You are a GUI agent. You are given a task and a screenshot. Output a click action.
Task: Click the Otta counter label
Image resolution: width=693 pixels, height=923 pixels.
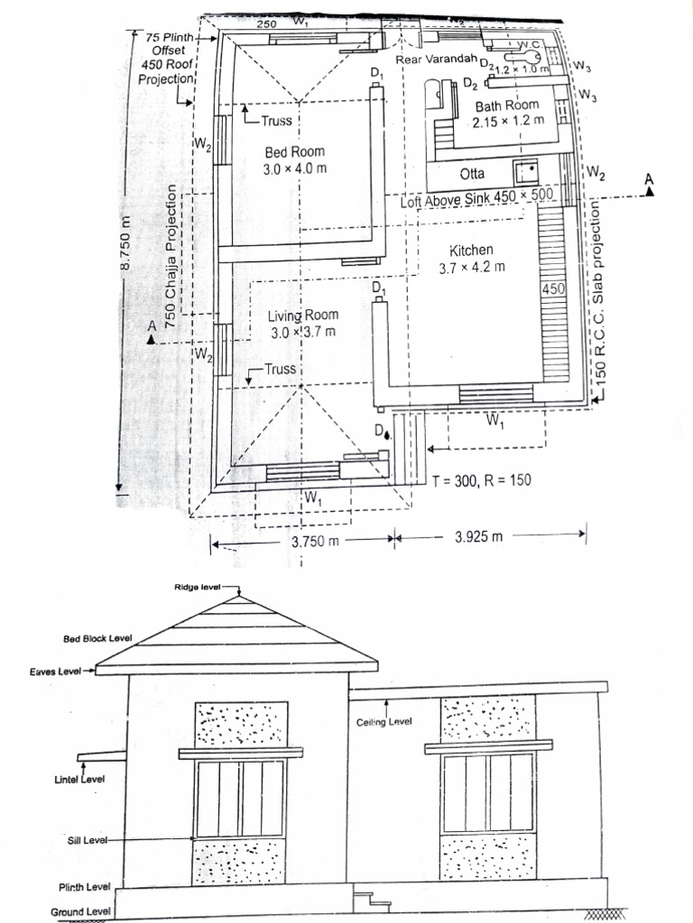pyautogui.click(x=472, y=173)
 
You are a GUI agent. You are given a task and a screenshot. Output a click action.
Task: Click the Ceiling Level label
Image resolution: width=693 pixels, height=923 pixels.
pyautogui.click(x=384, y=722)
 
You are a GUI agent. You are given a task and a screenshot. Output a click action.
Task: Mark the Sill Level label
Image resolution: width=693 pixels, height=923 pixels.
pyautogui.click(x=87, y=840)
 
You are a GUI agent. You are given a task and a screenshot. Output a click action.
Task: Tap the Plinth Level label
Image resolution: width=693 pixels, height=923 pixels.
pyautogui.click(x=85, y=888)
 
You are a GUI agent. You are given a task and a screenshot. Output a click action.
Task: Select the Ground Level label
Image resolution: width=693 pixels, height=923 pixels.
pyautogui.click(x=80, y=911)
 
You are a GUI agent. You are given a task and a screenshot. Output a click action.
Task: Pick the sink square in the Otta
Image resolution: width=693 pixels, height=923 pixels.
pyautogui.click(x=525, y=171)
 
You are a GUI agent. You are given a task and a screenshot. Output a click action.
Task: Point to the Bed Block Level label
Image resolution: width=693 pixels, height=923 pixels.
pyautogui.click(x=97, y=638)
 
